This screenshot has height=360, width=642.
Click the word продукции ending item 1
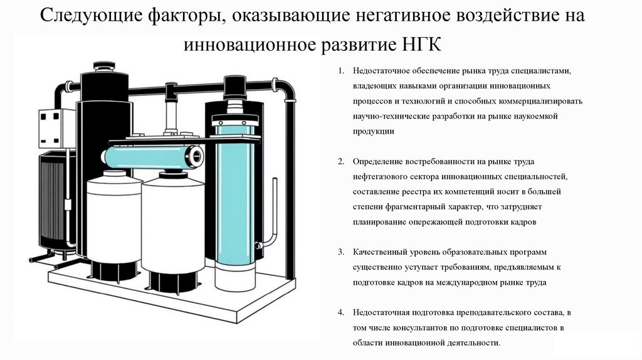pos(374,131)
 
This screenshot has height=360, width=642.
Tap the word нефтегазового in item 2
pos(381,177)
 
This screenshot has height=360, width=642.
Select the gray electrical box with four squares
pos(56,129)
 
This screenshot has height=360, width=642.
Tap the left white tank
pos(113,216)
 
